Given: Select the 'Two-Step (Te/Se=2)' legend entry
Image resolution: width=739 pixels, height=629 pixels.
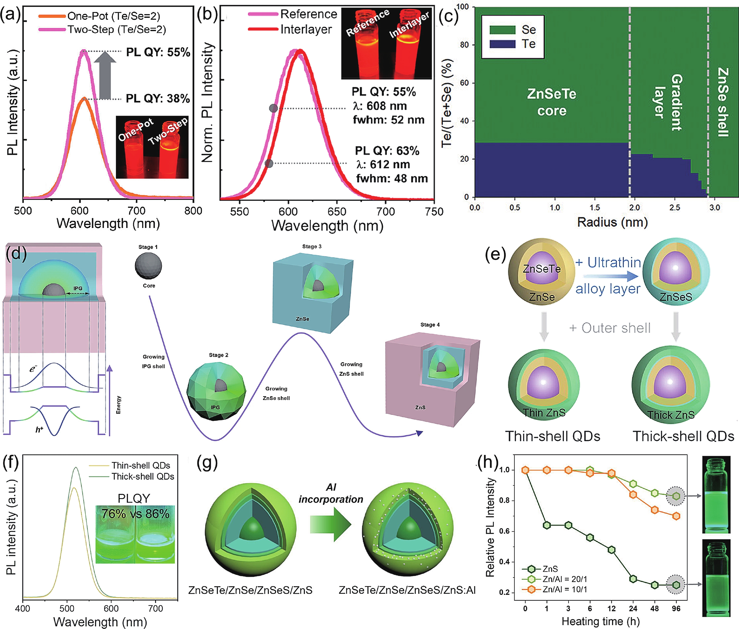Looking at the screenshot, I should pyautogui.click(x=117, y=29).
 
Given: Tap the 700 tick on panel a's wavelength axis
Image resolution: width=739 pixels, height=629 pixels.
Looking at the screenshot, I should pyautogui.click(x=137, y=211).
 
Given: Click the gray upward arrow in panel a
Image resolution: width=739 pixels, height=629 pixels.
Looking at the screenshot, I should pyautogui.click(x=105, y=75).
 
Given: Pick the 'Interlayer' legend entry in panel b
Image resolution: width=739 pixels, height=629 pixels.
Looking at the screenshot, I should pyautogui.click(x=306, y=29).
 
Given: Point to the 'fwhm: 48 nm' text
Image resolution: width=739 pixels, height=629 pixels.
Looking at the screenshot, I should pyautogui.click(x=392, y=178).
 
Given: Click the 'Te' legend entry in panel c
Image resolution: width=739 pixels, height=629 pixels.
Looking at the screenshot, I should pyautogui.click(x=528, y=44).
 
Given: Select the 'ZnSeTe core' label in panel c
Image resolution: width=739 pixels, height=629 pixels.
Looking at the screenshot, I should pyautogui.click(x=552, y=102).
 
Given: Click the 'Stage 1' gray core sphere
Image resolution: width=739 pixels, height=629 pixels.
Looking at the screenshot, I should pyautogui.click(x=148, y=266).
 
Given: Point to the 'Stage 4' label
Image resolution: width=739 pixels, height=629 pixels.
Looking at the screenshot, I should pyautogui.click(x=430, y=324).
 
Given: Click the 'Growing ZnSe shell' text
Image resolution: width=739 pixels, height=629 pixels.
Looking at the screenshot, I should pyautogui.click(x=276, y=393).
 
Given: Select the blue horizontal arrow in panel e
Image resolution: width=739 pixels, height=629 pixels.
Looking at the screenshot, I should pyautogui.click(x=610, y=276).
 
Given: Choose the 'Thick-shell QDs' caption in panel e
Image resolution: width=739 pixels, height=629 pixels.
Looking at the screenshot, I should pyautogui.click(x=683, y=436).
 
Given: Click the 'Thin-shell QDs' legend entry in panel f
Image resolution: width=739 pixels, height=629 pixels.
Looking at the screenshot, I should pyautogui.click(x=141, y=465).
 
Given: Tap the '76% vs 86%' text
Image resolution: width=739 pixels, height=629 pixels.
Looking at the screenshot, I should pyautogui.click(x=135, y=514).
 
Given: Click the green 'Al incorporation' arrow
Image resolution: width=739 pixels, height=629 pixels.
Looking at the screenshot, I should pyautogui.click(x=331, y=524).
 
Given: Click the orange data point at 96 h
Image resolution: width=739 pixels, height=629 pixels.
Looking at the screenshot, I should pyautogui.click(x=676, y=516).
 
